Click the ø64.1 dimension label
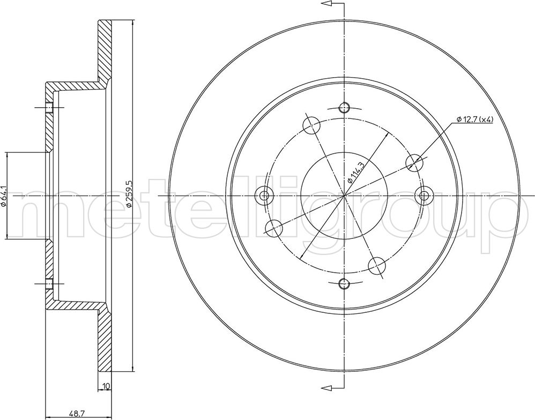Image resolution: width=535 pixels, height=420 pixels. click(x=3, y=196)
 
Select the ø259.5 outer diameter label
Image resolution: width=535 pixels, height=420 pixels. click(x=129, y=193)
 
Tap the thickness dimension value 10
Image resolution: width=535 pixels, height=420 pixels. click(x=106, y=386)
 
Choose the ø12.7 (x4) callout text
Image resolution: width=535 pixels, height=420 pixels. click(x=475, y=119)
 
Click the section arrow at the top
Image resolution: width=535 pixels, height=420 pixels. click(x=333, y=4)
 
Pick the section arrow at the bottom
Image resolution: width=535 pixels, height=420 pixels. click(x=333, y=387)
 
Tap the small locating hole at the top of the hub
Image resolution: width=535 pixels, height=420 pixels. click(x=344, y=108)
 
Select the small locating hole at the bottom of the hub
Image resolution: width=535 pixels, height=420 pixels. click(x=344, y=283)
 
